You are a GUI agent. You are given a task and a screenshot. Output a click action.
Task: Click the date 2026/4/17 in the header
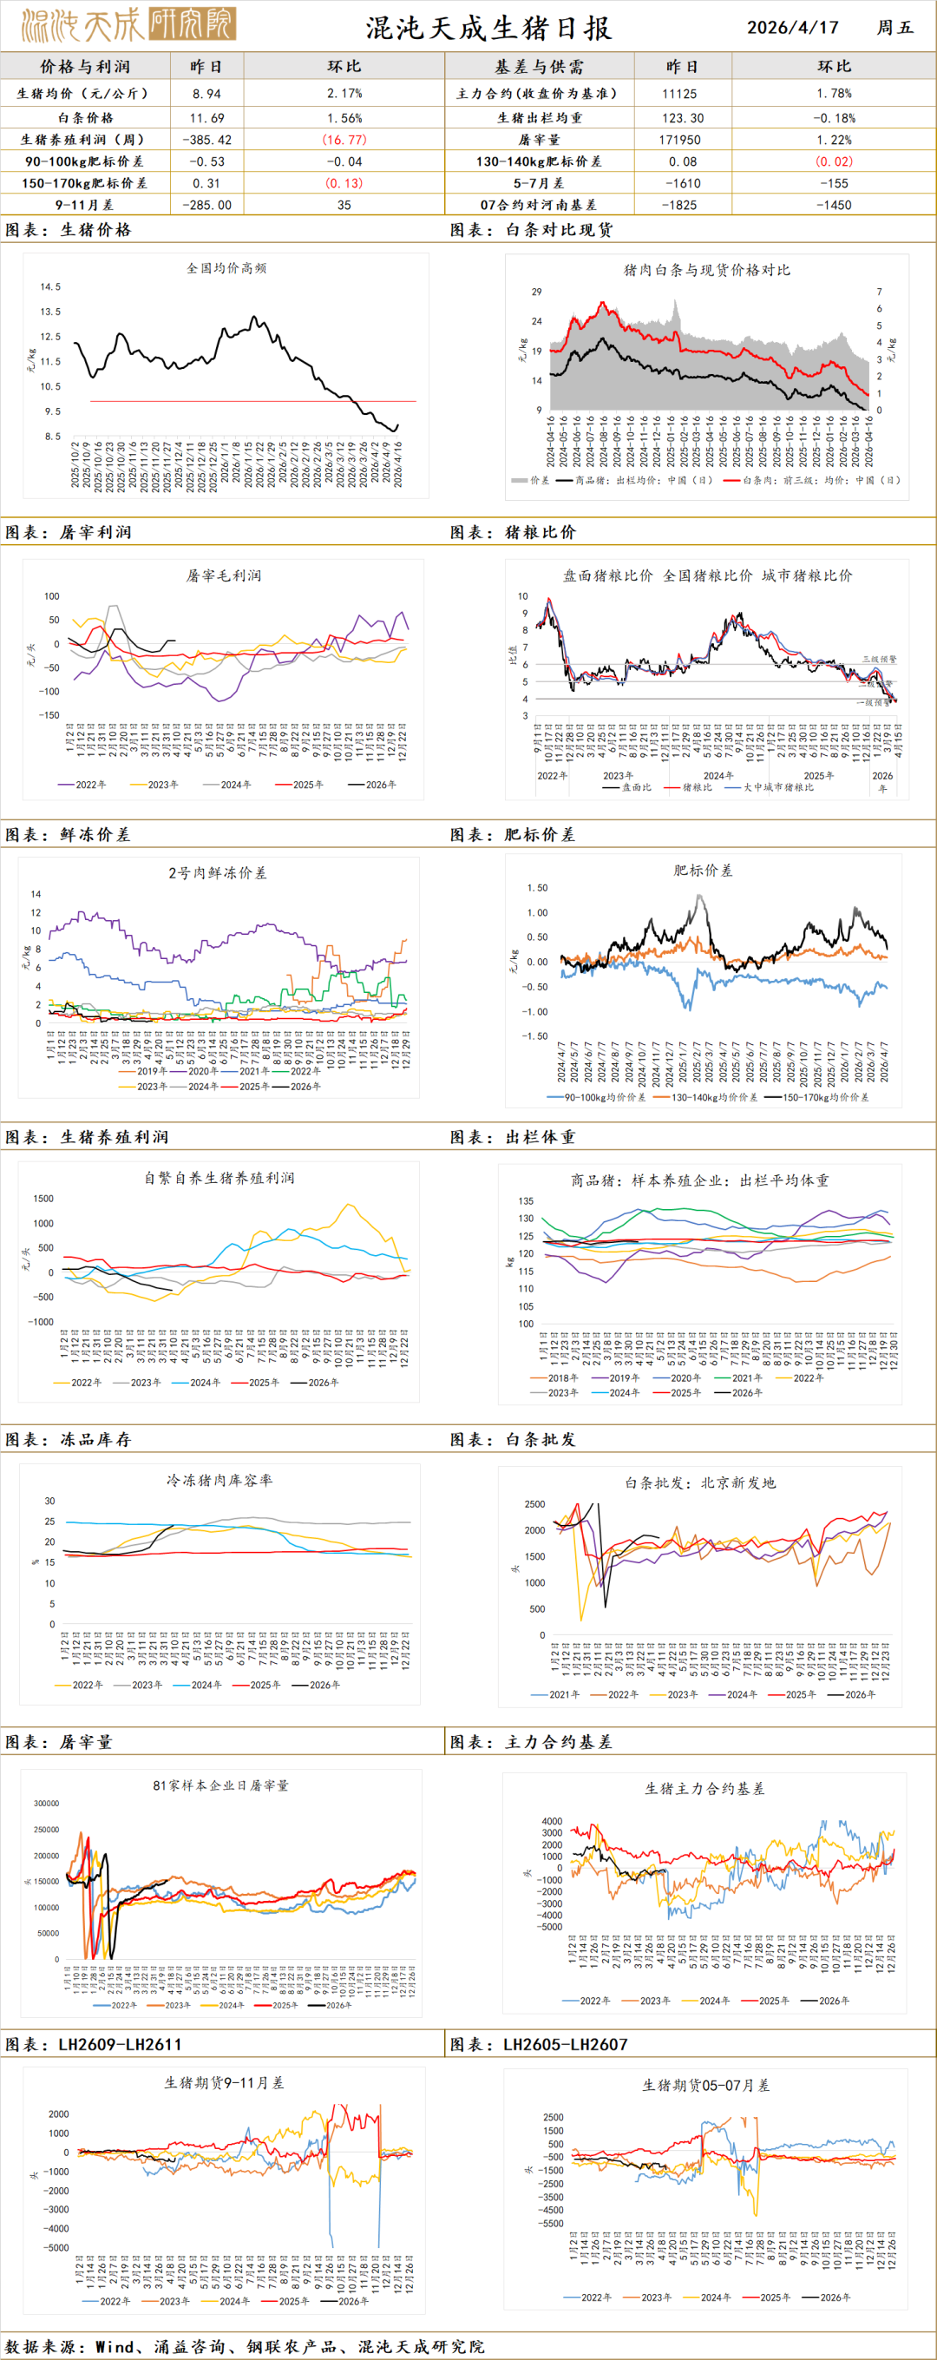792,27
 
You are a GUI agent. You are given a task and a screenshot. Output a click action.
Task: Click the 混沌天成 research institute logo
128,24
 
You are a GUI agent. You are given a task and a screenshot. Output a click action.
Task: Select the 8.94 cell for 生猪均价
207,94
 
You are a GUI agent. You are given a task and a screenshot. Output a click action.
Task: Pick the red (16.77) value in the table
344,140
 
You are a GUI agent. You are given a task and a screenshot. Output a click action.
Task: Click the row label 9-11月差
84,205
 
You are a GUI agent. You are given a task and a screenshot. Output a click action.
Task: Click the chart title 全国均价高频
226,268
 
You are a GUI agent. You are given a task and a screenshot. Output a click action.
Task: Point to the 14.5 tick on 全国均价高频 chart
50,286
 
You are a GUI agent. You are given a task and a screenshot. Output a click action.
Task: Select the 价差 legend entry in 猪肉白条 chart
530,480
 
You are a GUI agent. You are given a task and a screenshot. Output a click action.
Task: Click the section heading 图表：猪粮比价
513,532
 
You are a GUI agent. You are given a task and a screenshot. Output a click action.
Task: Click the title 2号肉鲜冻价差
217,873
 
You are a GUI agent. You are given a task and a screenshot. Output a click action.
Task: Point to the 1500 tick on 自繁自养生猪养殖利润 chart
43,1199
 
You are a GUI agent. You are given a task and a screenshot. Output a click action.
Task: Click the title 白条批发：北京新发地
700,1482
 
